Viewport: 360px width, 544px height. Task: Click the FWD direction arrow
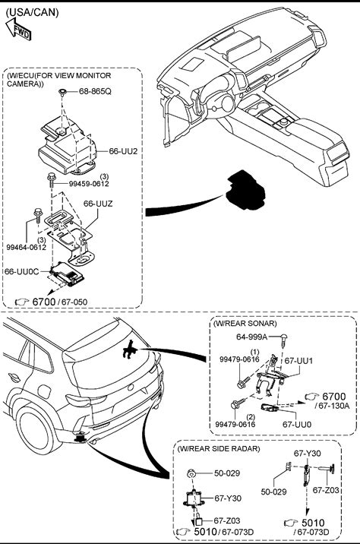coord(18,29)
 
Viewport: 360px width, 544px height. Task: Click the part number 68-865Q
coord(95,91)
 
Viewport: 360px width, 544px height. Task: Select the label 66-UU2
coord(123,151)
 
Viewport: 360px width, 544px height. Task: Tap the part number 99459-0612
coord(89,184)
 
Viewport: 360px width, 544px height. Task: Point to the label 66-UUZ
coord(98,204)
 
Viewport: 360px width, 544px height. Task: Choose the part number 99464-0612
coord(27,247)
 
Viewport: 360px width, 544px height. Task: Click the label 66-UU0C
coord(21,271)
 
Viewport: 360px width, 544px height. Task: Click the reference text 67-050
coord(74,302)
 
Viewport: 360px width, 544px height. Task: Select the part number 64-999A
coord(252,337)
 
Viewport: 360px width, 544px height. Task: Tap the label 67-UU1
coord(298,361)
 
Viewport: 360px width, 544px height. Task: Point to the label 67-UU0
coord(297,424)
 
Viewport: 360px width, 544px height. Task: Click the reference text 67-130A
coord(332,406)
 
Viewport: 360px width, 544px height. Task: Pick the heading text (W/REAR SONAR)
coord(245,324)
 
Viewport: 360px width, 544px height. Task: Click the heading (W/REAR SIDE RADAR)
coord(219,448)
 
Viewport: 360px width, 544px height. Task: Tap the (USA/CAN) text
coord(32,12)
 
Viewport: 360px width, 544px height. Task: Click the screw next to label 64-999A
coord(284,340)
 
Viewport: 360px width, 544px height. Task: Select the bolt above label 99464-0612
coord(37,215)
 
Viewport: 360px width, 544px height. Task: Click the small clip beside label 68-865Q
coord(62,93)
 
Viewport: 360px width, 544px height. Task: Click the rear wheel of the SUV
coord(35,429)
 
